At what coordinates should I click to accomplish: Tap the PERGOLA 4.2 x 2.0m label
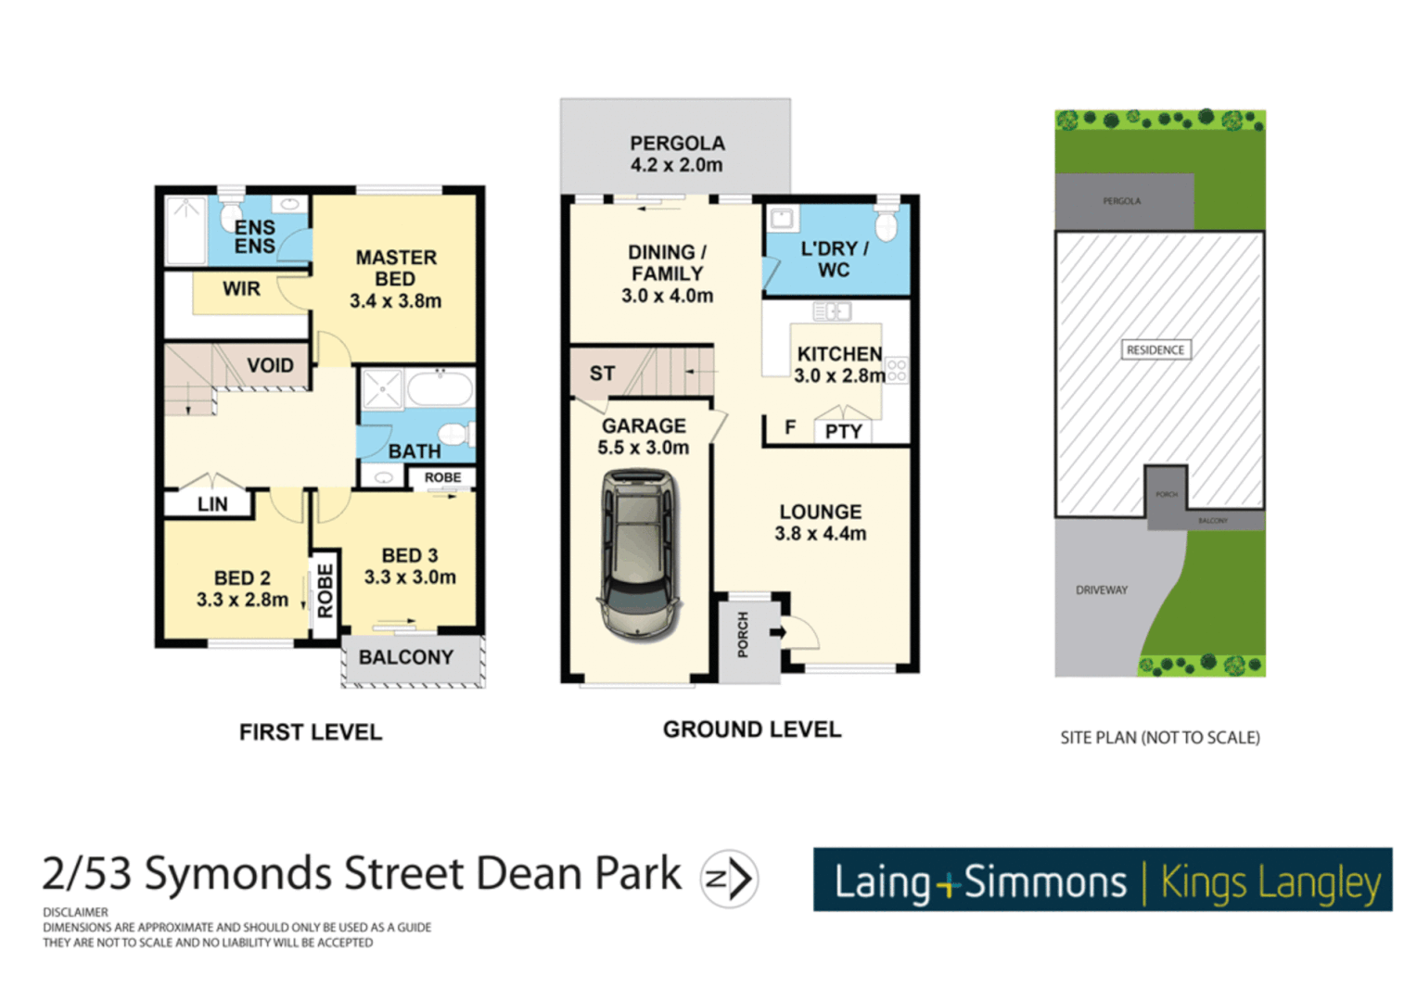[677, 154]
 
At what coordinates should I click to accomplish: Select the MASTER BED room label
[395, 278]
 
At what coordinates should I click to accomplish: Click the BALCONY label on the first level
[406, 657]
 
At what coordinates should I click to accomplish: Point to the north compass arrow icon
[730, 878]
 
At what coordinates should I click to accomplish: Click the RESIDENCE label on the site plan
[1155, 349]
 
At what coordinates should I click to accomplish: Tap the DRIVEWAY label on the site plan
[1102, 589]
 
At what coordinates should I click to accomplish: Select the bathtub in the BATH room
[440, 388]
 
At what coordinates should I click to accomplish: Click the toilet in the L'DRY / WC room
[887, 222]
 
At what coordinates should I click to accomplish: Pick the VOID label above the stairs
[270, 365]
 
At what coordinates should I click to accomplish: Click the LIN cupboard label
[212, 504]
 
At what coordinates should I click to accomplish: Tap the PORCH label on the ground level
[743, 635]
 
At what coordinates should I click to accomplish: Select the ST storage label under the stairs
[602, 373]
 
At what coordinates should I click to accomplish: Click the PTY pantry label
[843, 431]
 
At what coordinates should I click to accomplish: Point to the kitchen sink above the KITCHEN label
[832, 311]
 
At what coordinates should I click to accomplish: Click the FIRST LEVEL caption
[311, 732]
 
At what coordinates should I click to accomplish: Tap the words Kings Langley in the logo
[1270, 882]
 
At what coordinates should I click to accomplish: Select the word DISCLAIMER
[75, 912]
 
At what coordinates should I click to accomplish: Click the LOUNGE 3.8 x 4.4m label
[820, 522]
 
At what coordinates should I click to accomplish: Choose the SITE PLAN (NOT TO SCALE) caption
[1160, 738]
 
